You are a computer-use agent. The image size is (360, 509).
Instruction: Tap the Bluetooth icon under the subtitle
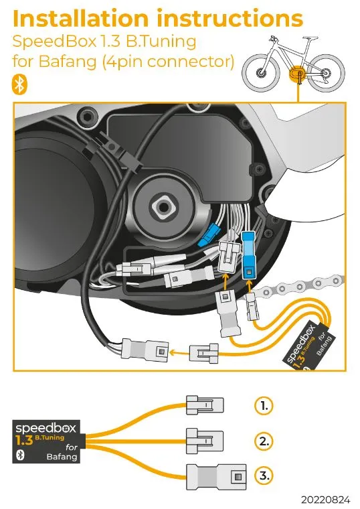pos(20,85)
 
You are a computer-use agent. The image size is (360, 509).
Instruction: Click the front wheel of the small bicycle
pos(261,72)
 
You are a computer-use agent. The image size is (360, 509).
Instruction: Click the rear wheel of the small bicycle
pos(326,73)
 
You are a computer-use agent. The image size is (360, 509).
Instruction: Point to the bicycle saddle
pos(310,38)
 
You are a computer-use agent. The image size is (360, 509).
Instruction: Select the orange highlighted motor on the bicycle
pos(296,74)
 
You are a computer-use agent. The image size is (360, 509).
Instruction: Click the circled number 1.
pos(264,405)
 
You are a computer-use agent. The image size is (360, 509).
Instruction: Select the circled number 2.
pos(264,441)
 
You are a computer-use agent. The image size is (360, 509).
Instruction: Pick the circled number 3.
pos(264,476)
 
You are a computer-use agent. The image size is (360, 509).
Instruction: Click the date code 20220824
pos(325,499)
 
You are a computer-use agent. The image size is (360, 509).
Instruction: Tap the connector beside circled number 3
pos(216,477)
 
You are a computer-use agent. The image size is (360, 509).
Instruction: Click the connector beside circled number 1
pos(205,405)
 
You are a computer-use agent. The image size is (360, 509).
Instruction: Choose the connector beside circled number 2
pos(205,441)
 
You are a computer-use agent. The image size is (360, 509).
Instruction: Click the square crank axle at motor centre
pos(164,207)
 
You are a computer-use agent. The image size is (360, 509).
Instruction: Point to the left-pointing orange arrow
pos(179,352)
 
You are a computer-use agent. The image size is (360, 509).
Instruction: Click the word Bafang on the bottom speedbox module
pos(62,457)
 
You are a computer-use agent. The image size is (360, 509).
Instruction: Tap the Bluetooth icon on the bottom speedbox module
pos(20,455)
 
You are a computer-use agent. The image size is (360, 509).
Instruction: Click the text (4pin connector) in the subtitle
pos(169,61)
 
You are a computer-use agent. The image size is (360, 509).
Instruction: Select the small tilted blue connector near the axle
pos(209,235)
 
